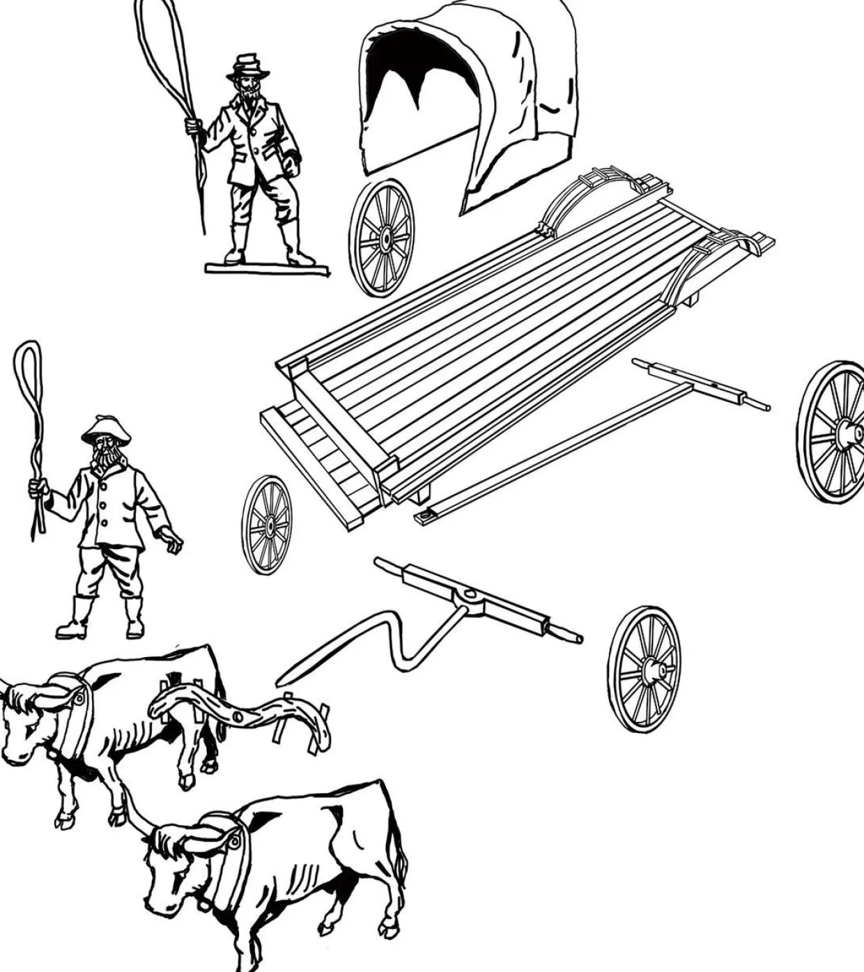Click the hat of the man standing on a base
[x=248, y=67]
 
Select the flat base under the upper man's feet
[x=267, y=268]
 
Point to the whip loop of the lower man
[x=26, y=369]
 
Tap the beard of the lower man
[x=106, y=461]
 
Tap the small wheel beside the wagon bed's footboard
[x=267, y=525]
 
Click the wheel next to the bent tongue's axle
[x=644, y=669]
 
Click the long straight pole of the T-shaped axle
[x=557, y=446]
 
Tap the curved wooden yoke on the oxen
[x=237, y=711]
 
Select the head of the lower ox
[x=174, y=871]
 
